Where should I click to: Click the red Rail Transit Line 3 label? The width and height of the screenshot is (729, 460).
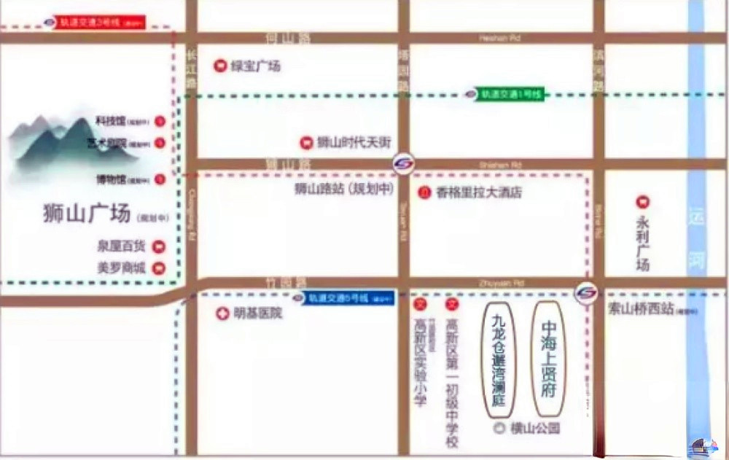click(x=95, y=23)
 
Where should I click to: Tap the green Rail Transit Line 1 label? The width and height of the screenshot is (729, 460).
click(x=510, y=93)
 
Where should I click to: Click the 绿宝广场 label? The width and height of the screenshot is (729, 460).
click(x=255, y=66)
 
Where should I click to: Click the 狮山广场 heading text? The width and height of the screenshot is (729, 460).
click(x=87, y=214)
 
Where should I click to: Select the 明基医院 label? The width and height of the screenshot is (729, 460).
click(x=257, y=313)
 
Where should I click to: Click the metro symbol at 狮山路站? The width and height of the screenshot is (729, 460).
click(x=402, y=164)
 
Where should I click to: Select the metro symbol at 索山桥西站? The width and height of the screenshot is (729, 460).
click(x=585, y=292)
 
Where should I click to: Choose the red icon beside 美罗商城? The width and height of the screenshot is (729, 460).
click(x=160, y=268)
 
